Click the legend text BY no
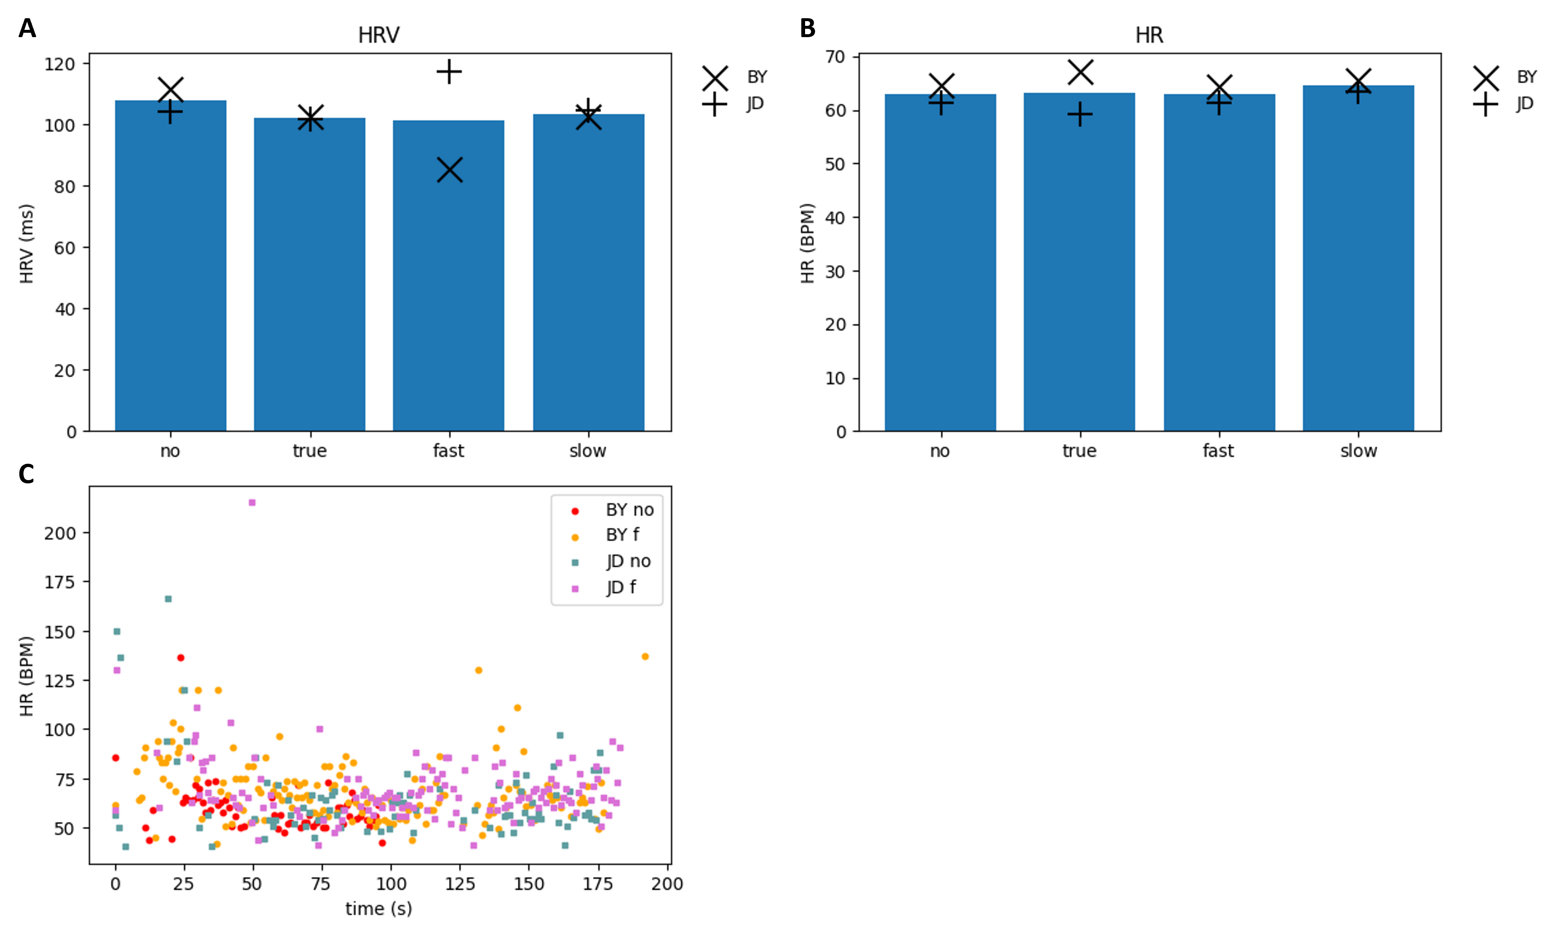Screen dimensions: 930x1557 (629, 510)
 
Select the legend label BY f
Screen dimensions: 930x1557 (622, 535)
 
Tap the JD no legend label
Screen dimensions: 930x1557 (628, 561)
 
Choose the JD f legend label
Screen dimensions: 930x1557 (620, 587)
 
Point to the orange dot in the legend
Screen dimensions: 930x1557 (575, 537)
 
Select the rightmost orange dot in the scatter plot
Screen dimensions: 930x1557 (645, 656)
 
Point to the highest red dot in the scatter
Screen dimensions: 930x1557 (181, 657)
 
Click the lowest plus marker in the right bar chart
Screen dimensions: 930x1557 (1080, 114)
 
